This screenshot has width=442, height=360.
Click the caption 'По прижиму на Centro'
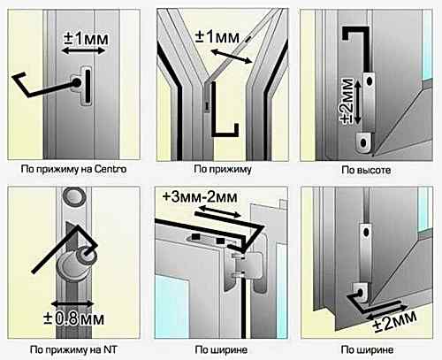pos(73,169)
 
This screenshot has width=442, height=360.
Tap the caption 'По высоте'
pos(366,170)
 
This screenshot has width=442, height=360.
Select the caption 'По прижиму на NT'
pos(73,350)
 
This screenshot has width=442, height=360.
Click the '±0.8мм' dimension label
pos(73,318)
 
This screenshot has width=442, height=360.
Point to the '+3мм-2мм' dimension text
pos(200,196)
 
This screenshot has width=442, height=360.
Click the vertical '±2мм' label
pos(347,101)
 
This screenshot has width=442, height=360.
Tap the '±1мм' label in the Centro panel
pos(86,39)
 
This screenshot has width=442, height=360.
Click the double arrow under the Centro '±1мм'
pos(83,51)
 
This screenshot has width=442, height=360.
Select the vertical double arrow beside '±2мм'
pos(357,103)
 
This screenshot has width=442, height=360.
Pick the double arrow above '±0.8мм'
pos(72,303)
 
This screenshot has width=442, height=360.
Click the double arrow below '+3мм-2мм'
pos(219,211)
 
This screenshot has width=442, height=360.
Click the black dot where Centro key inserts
pos(77,82)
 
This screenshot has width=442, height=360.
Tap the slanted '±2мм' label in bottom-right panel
pos(394,321)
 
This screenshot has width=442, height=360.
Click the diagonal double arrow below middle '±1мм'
pos(232,57)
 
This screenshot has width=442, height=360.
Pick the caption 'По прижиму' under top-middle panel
pos(223,170)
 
